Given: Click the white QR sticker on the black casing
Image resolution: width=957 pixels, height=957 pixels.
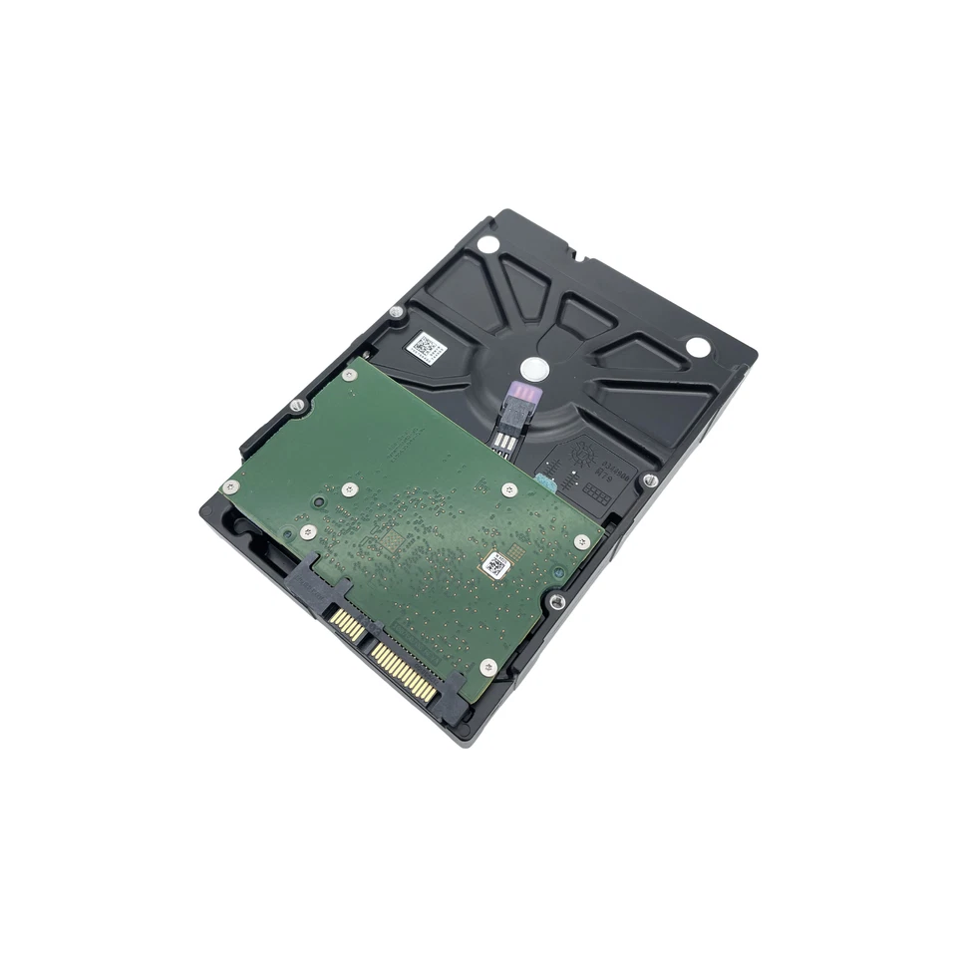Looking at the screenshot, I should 426,348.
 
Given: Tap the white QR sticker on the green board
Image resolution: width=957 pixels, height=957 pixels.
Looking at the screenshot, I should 495,566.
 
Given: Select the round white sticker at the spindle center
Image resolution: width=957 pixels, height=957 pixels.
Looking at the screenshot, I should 534,369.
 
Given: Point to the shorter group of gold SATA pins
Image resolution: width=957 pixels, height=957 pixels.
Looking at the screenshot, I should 348,626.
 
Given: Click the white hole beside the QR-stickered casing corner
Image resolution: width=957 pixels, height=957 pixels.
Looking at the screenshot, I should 486,244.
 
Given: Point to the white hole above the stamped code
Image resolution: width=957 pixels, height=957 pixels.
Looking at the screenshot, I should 698,346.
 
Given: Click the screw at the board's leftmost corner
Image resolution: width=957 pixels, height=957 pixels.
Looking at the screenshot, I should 230,486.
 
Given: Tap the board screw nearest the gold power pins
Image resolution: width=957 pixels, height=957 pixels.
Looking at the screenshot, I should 487,666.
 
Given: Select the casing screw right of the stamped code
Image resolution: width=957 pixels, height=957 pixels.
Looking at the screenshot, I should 649,480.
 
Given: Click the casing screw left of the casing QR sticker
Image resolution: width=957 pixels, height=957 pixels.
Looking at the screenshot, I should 396,312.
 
